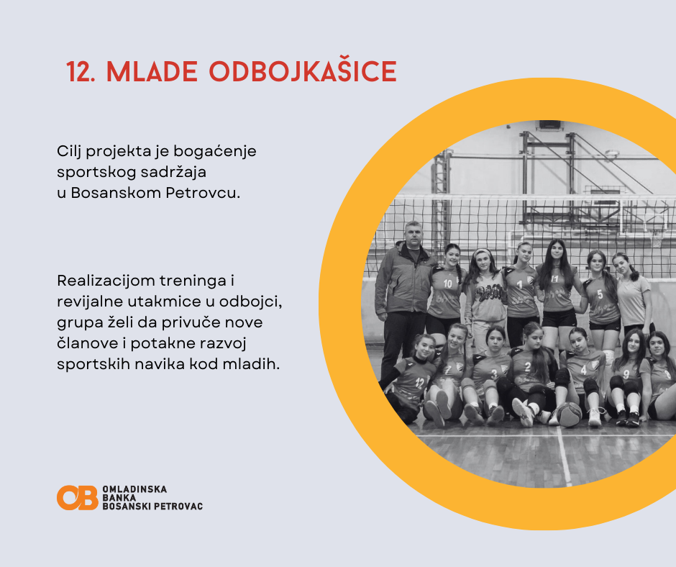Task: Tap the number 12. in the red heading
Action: pyautogui.click(x=81, y=72)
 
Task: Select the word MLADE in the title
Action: pyautogui.click(x=152, y=72)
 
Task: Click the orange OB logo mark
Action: pyautogui.click(x=78, y=497)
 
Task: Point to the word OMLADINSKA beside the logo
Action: pyautogui.click(x=134, y=489)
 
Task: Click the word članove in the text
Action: pyautogui.click(x=89, y=343)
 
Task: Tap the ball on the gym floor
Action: pyautogui.click(x=569, y=414)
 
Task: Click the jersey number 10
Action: pyautogui.click(x=447, y=283)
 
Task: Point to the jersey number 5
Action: pyautogui.click(x=600, y=294)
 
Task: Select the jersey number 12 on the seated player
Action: pyautogui.click(x=420, y=382)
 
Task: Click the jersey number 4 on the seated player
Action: pyautogui.click(x=583, y=370)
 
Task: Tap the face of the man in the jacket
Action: pyautogui.click(x=414, y=235)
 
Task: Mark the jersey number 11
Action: pyautogui.click(x=554, y=279)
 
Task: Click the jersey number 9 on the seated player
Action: pyautogui.click(x=626, y=374)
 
